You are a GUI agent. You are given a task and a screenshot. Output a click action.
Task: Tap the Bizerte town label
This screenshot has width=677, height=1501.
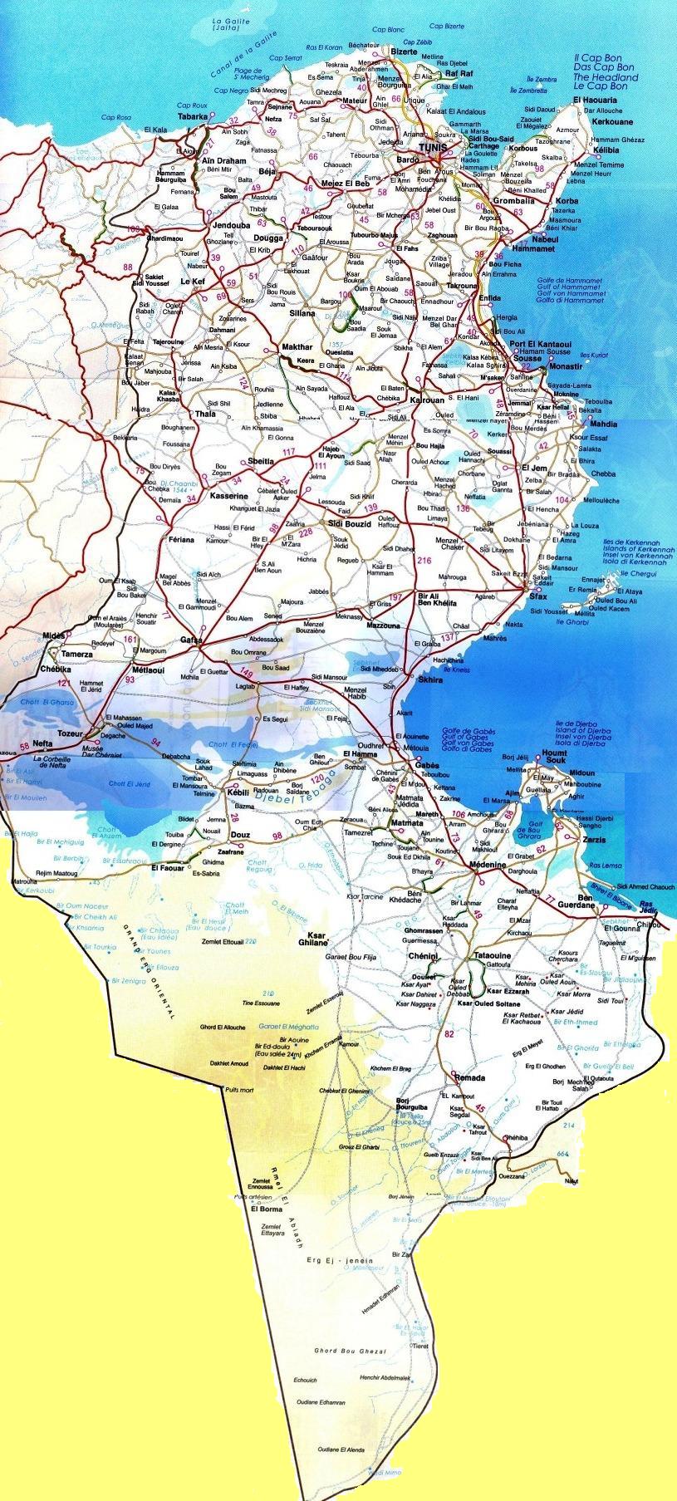pos(404,52)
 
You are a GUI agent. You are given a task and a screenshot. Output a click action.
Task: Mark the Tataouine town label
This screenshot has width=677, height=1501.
pos(491,956)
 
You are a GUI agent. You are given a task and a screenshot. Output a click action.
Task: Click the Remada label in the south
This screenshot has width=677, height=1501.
pos(469,1077)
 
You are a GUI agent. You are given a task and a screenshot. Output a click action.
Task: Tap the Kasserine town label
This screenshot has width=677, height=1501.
pos(230,496)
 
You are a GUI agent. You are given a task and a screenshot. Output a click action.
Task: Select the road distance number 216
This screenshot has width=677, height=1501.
pos(425,561)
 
